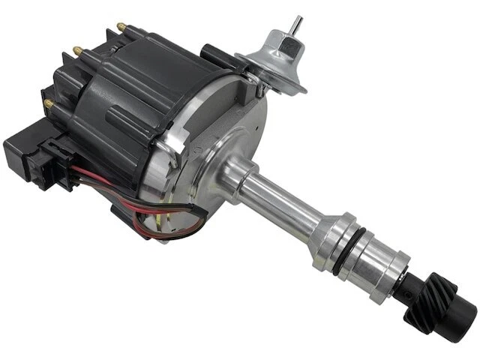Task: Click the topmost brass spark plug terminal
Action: click(120, 28)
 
